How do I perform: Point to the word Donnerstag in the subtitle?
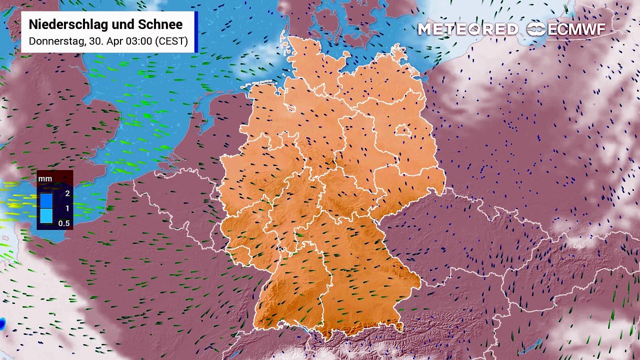[55, 41]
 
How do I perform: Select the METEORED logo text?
[467, 29]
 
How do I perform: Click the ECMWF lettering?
[576, 29]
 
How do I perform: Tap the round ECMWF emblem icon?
[536, 29]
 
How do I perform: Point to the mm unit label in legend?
[45, 178]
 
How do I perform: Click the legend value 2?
[67, 193]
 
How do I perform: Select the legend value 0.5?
[64, 223]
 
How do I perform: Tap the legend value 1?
[67, 208]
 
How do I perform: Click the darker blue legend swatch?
[46, 200]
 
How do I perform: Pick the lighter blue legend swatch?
[46, 215]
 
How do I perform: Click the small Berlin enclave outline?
[403, 131]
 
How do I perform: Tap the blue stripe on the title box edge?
[196, 32]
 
